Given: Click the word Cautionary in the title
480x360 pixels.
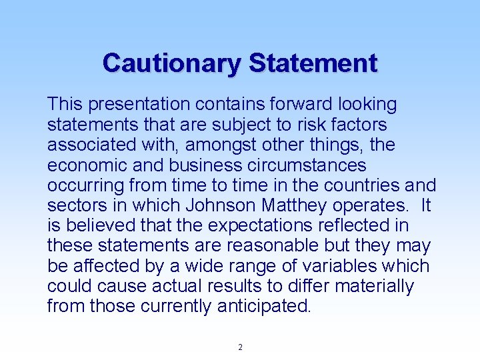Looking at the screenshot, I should pos(172,63).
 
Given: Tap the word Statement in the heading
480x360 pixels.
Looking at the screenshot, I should pos(313,63).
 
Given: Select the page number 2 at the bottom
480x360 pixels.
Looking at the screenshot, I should pos(240,347).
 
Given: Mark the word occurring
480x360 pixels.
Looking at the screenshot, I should pos(87,185).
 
